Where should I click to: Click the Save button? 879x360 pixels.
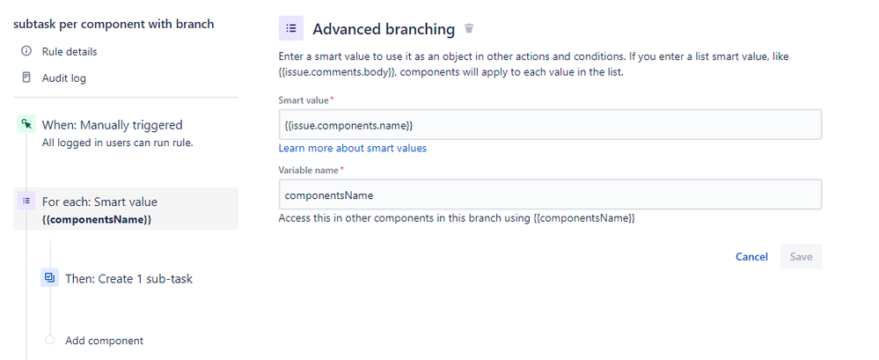[801, 257]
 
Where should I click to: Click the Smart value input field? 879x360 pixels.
[550, 125]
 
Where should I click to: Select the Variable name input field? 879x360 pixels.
[550, 195]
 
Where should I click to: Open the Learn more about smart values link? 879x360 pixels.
[353, 148]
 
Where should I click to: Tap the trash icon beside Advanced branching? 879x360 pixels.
[469, 28]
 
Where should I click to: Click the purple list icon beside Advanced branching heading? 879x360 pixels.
[291, 28]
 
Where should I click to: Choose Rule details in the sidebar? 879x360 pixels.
[70, 52]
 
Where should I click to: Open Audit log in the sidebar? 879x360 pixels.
[64, 78]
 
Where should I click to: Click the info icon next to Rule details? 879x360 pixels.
[26, 51]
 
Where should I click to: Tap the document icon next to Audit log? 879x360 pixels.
[26, 77]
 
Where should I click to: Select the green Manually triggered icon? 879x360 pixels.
[26, 124]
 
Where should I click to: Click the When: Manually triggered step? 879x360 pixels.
[112, 125]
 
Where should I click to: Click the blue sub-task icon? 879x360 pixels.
[50, 277]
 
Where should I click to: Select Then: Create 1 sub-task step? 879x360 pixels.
[129, 279]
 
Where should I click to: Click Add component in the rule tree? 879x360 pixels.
[105, 341]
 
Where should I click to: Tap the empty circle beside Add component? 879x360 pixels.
[50, 340]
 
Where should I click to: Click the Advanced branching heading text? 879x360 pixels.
[384, 29]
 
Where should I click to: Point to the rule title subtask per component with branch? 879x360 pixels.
[114, 24]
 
